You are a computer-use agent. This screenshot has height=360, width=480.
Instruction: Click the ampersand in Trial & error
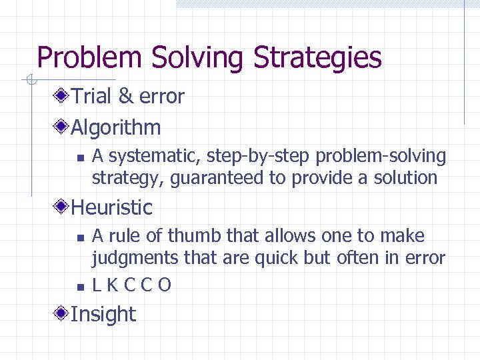point(126,97)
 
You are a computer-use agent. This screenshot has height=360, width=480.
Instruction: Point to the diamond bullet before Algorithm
point(62,127)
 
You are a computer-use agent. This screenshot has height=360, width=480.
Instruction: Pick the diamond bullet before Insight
point(62,314)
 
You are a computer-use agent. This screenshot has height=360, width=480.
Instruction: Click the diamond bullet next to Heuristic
point(62,207)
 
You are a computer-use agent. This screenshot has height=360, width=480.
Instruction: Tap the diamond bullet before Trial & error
point(62,97)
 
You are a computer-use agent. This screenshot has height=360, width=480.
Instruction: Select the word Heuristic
point(111,207)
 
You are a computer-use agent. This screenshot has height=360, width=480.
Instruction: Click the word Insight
point(103,314)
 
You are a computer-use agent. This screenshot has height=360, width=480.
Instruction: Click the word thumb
point(195,236)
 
